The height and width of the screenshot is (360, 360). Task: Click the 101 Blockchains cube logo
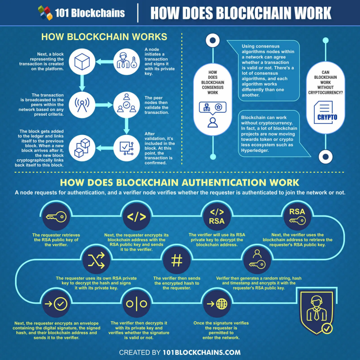(45, 13)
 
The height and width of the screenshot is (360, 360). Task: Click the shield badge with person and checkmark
(316, 311)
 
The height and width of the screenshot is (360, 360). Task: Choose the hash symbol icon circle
(176, 261)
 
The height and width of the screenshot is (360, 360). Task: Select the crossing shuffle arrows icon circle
(96, 261)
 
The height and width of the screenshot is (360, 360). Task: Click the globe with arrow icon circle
(217, 304)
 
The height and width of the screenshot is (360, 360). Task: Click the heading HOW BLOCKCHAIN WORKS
(104, 37)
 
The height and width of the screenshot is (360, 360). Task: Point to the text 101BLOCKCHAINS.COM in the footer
(201, 352)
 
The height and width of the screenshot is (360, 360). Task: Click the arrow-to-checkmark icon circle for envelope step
(56, 304)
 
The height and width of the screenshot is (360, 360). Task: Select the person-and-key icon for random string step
(257, 261)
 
